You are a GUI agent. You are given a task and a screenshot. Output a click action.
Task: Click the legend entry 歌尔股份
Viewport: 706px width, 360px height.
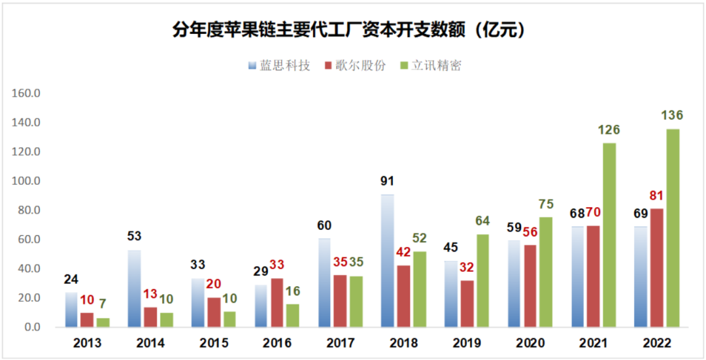(356, 65)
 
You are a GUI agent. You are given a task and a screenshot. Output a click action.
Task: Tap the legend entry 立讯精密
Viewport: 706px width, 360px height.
(431, 65)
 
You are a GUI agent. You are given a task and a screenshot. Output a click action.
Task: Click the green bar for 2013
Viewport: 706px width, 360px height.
(103, 322)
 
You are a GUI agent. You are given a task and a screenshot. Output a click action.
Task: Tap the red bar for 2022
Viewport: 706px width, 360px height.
(657, 267)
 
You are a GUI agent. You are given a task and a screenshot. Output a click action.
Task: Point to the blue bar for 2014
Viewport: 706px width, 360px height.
(135, 288)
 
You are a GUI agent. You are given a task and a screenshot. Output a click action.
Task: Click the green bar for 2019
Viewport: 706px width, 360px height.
(482, 280)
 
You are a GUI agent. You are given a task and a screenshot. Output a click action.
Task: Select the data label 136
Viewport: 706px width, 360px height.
(672, 116)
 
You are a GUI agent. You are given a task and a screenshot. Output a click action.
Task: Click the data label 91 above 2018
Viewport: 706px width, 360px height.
(388, 181)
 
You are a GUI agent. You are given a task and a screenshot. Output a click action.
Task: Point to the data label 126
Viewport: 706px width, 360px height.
(609, 130)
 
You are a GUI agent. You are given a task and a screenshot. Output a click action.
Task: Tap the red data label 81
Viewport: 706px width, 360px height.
(656, 196)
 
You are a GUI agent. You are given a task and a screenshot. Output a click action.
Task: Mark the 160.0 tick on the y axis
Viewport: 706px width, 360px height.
(27, 93)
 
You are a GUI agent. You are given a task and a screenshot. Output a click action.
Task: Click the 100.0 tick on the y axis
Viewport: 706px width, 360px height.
(27, 181)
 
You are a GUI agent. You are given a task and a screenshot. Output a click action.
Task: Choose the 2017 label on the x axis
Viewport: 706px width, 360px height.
(341, 343)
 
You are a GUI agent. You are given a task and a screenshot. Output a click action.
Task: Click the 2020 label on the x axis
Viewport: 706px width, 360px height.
(531, 343)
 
